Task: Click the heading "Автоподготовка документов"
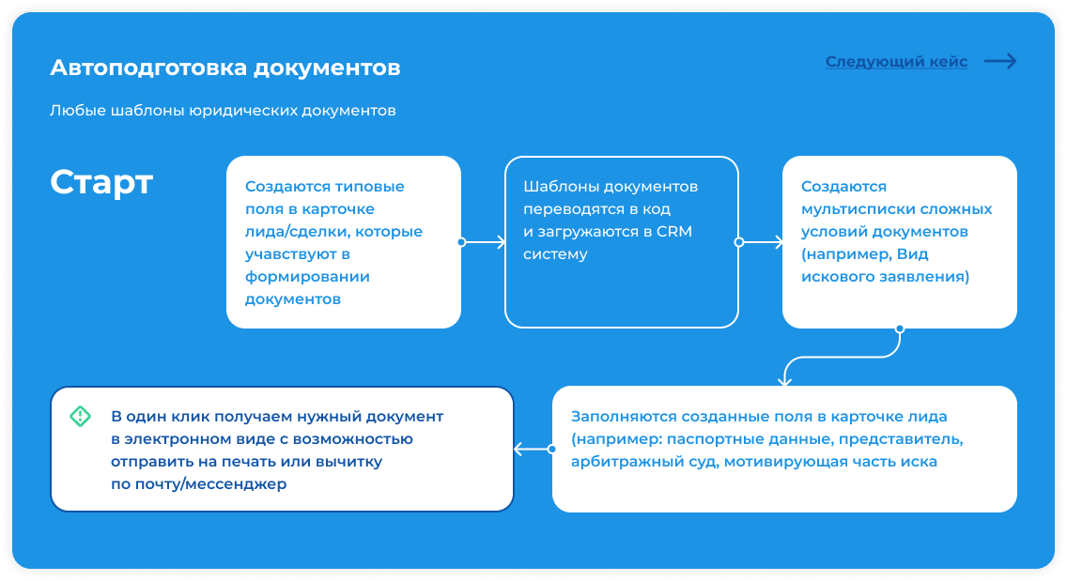tap(225, 68)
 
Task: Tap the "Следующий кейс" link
tap(896, 62)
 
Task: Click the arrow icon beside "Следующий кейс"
tap(1000, 61)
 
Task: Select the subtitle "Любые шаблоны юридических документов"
tap(223, 111)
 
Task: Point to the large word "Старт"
tap(101, 182)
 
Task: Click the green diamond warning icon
tap(80, 417)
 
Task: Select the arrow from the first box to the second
tap(483, 242)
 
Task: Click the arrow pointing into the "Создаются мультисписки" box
tap(760, 242)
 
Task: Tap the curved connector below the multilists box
tap(843, 356)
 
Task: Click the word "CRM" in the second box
tap(674, 232)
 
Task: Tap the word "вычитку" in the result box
tap(350, 462)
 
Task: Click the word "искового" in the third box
tap(832, 277)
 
